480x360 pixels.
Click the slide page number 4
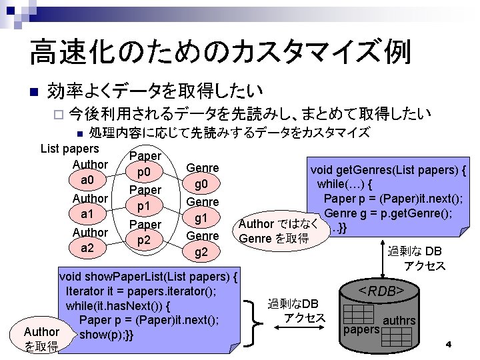tap(449, 344)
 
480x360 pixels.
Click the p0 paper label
tap(145, 173)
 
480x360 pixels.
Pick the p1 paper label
tap(145, 207)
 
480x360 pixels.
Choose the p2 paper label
tap(145, 241)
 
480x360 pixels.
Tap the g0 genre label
tap(202, 184)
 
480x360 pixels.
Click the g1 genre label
tap(202, 218)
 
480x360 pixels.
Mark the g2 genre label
tap(202, 252)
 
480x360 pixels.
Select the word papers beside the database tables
tap(360, 329)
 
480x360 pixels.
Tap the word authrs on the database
tap(399, 321)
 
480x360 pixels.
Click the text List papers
tap(70, 148)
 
